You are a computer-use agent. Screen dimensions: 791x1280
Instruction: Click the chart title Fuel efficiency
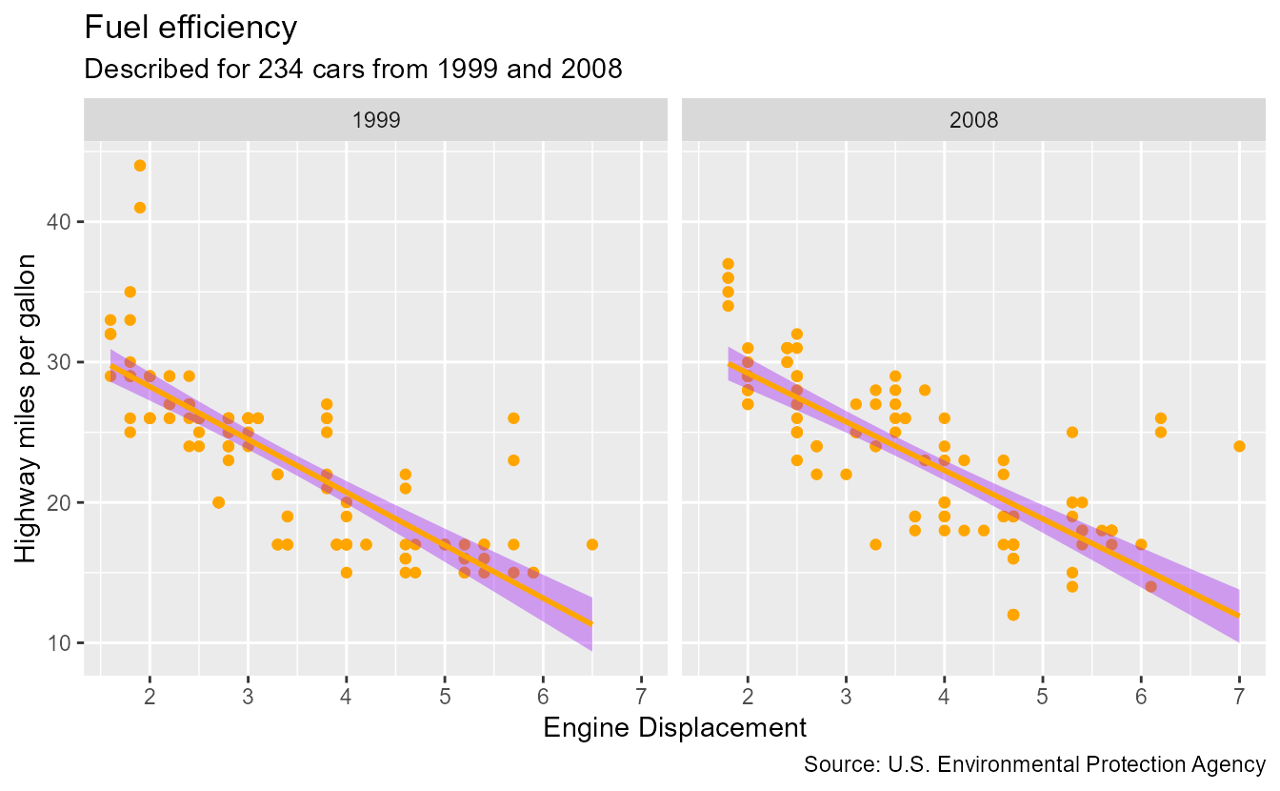point(190,28)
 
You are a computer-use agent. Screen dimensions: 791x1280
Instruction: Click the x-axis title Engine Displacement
point(674,728)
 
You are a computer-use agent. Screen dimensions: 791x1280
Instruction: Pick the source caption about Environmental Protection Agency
point(1034,764)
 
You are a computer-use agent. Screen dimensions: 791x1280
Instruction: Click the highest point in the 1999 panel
point(140,166)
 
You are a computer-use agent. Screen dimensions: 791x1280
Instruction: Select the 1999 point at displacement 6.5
point(592,544)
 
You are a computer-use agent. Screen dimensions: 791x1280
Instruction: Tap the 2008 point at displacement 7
point(1239,446)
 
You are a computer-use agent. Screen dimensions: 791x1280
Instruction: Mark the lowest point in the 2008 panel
point(1013,615)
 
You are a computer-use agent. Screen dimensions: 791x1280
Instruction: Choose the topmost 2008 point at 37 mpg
point(729,264)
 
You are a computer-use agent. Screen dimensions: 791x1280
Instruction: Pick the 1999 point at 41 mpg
point(140,208)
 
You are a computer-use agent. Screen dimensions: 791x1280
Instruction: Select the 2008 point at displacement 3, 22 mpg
point(846,475)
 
